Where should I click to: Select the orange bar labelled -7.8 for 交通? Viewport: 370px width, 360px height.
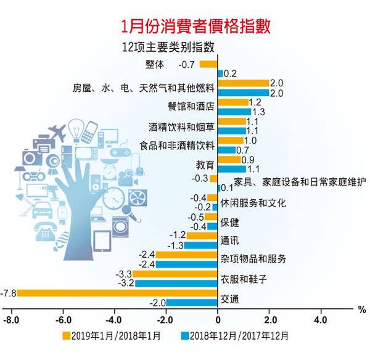coord(117,292)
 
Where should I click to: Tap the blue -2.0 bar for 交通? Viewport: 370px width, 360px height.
coord(192,302)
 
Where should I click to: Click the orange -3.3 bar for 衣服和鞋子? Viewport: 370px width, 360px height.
coord(176,274)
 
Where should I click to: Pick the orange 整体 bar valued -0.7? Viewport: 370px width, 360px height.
coord(208,64)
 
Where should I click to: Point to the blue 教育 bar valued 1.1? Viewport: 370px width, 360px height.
coord(232,168)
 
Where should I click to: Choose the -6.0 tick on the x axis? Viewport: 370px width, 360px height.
coord(62,321)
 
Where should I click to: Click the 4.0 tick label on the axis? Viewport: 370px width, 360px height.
coord(321,321)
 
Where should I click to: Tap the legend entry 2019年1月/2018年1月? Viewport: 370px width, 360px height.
coord(112,337)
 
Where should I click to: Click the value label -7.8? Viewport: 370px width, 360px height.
coord(9,292)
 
